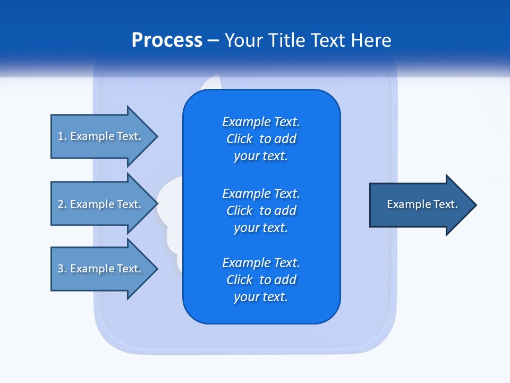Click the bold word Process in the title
pyautogui.click(x=167, y=40)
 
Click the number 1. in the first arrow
pyautogui.click(x=62, y=136)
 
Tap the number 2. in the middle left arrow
pyautogui.click(x=62, y=204)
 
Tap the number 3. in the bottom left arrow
pyautogui.click(x=62, y=269)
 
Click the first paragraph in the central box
pyautogui.click(x=261, y=139)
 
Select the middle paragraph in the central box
pyautogui.click(x=261, y=211)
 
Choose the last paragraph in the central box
pyautogui.click(x=261, y=280)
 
